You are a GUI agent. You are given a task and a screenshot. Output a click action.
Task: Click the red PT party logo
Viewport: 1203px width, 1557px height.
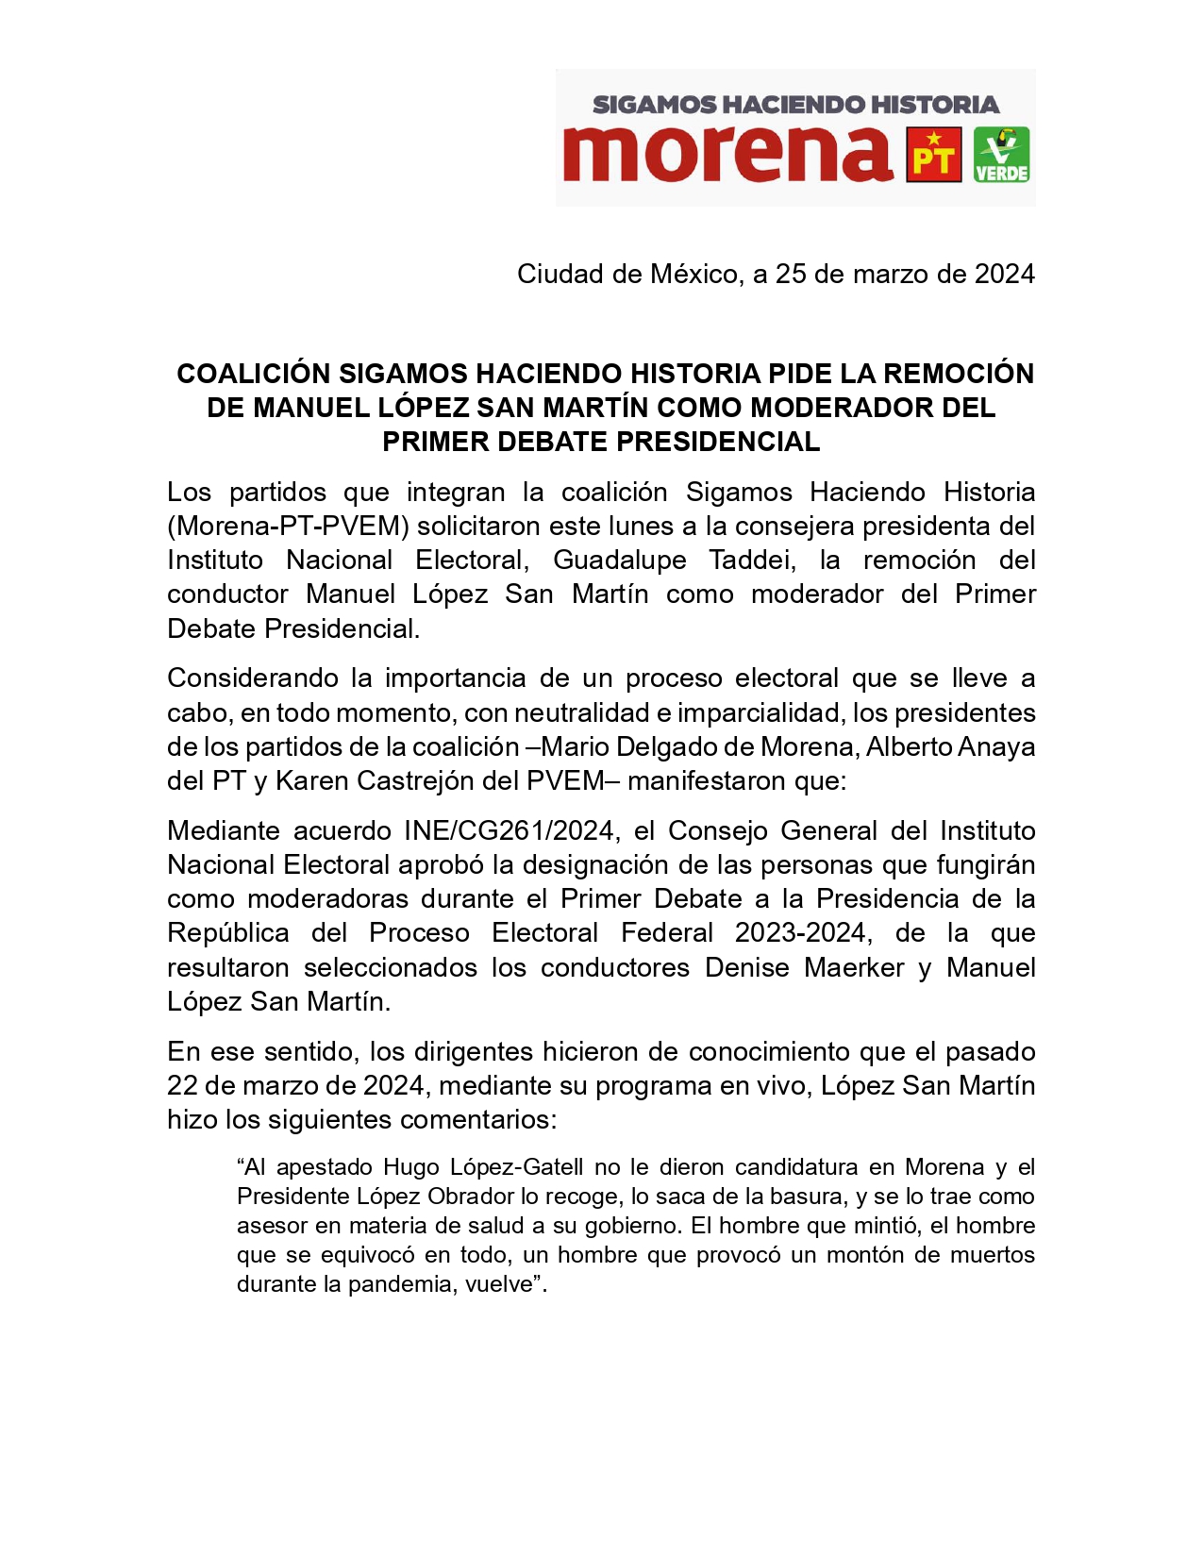(x=933, y=155)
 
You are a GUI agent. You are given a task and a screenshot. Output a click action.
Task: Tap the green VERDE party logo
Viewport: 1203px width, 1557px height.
(x=1001, y=155)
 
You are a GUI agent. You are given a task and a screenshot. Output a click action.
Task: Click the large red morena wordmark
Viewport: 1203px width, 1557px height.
(x=727, y=153)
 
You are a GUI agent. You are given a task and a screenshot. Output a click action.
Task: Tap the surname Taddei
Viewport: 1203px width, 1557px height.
(x=752, y=561)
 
